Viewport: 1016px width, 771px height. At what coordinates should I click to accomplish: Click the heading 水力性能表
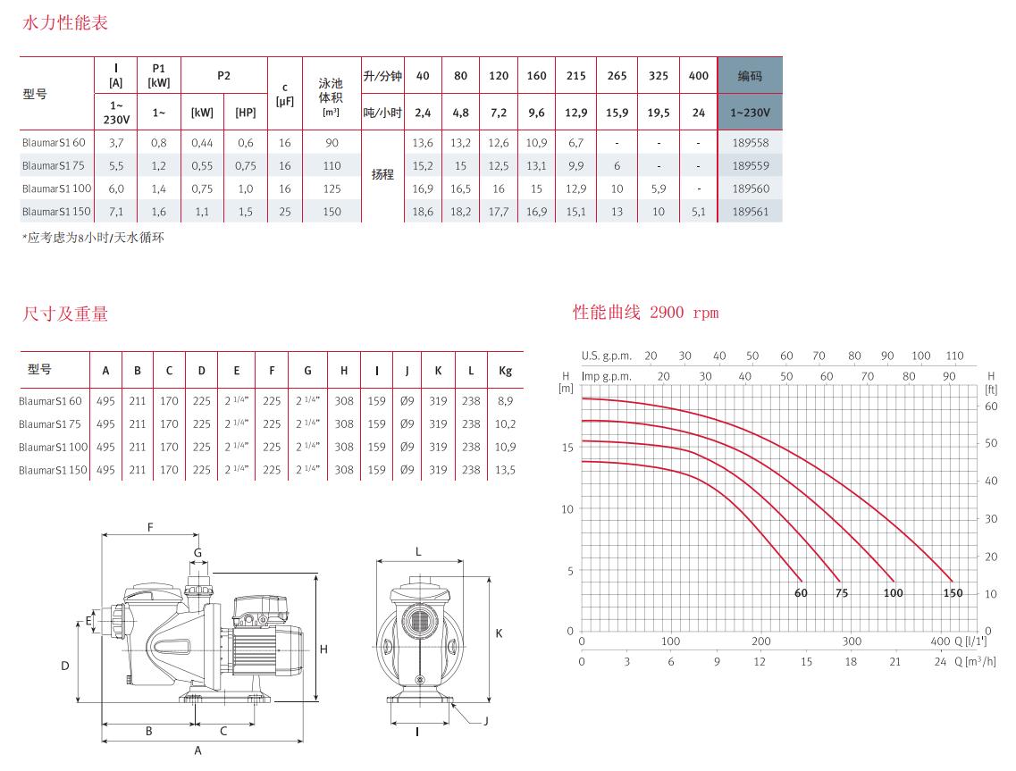click(x=65, y=22)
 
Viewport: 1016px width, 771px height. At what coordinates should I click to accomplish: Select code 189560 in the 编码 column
click(x=751, y=189)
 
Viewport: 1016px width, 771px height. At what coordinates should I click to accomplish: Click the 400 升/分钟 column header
click(x=699, y=76)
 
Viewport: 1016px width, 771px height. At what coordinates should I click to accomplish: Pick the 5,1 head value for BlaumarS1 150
click(x=699, y=211)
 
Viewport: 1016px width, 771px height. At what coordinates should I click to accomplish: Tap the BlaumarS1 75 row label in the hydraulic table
click(x=53, y=165)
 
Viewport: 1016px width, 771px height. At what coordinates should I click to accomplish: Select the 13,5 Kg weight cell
click(x=506, y=470)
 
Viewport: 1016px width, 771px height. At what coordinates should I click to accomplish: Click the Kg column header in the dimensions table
click(x=506, y=371)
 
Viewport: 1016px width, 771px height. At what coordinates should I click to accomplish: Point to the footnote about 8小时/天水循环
click(x=93, y=238)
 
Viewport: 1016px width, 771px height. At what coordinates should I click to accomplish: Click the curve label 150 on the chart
click(x=953, y=593)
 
